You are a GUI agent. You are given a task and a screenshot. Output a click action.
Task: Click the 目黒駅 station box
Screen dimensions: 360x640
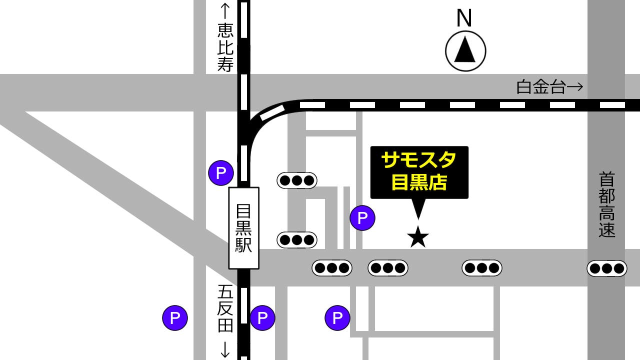(244, 228)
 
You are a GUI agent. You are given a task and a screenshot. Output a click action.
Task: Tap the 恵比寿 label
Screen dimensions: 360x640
(225, 48)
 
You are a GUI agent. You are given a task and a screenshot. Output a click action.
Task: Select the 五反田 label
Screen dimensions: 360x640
(225, 308)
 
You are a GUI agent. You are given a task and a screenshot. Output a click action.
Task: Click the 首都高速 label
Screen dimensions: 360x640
(606, 205)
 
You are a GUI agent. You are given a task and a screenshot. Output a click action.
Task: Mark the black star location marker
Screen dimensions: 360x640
(418, 237)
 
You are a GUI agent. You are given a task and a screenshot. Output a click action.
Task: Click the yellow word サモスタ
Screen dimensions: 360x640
(419, 160)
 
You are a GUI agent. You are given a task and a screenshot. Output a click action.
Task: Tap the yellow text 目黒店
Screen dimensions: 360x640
(419, 182)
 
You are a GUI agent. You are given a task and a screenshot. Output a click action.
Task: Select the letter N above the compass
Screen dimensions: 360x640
(464, 18)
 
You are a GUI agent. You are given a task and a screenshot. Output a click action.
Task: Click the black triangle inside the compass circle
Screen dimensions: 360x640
(465, 49)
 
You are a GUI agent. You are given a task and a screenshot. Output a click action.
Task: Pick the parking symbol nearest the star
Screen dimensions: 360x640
(362, 218)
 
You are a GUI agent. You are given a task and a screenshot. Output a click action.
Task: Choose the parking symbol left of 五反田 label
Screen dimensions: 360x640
(175, 317)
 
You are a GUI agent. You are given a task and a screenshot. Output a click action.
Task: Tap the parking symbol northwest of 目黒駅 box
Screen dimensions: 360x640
(221, 173)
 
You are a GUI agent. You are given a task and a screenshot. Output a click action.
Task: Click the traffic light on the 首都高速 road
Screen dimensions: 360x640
(606, 268)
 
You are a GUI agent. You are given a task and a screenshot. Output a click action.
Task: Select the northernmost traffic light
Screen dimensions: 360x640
(297, 180)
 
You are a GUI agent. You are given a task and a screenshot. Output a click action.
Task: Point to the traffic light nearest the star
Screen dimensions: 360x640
(388, 268)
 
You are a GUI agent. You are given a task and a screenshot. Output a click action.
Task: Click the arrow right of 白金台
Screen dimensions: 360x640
(576, 87)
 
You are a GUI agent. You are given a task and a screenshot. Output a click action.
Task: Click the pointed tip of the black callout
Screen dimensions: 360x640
(418, 218)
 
